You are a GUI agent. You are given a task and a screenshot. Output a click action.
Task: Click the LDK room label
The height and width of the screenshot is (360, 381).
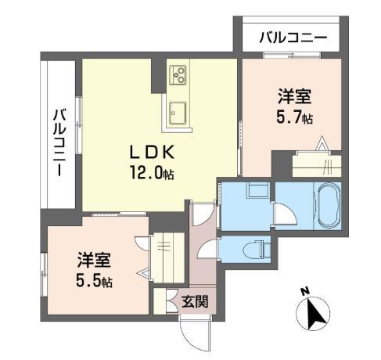click(152, 153)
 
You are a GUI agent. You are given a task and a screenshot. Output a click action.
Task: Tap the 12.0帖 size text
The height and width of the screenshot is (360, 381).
click(152, 172)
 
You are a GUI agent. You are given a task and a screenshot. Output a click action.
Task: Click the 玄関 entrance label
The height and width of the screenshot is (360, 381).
click(195, 301)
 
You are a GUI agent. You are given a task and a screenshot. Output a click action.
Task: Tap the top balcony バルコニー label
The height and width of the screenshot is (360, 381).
click(293, 38)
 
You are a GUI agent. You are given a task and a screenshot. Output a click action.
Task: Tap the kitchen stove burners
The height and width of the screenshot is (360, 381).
click(178, 74)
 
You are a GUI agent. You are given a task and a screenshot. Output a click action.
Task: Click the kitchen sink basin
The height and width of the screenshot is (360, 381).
click(178, 113)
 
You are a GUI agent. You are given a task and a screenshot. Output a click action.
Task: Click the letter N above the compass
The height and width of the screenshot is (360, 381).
click(304, 291)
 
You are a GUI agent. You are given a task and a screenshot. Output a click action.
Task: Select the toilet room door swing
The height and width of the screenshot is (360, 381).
click(207, 249)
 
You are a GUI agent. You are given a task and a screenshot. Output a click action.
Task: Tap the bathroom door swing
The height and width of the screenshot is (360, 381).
click(285, 214)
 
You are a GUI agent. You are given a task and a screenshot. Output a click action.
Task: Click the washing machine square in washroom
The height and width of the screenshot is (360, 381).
click(258, 189)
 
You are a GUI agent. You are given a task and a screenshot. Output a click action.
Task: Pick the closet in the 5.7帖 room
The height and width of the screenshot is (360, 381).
click(317, 166)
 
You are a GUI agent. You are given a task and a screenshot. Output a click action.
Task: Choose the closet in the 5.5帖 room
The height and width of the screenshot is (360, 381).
click(168, 257)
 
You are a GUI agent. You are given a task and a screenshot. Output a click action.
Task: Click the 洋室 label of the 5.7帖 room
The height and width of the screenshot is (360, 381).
click(294, 96)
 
